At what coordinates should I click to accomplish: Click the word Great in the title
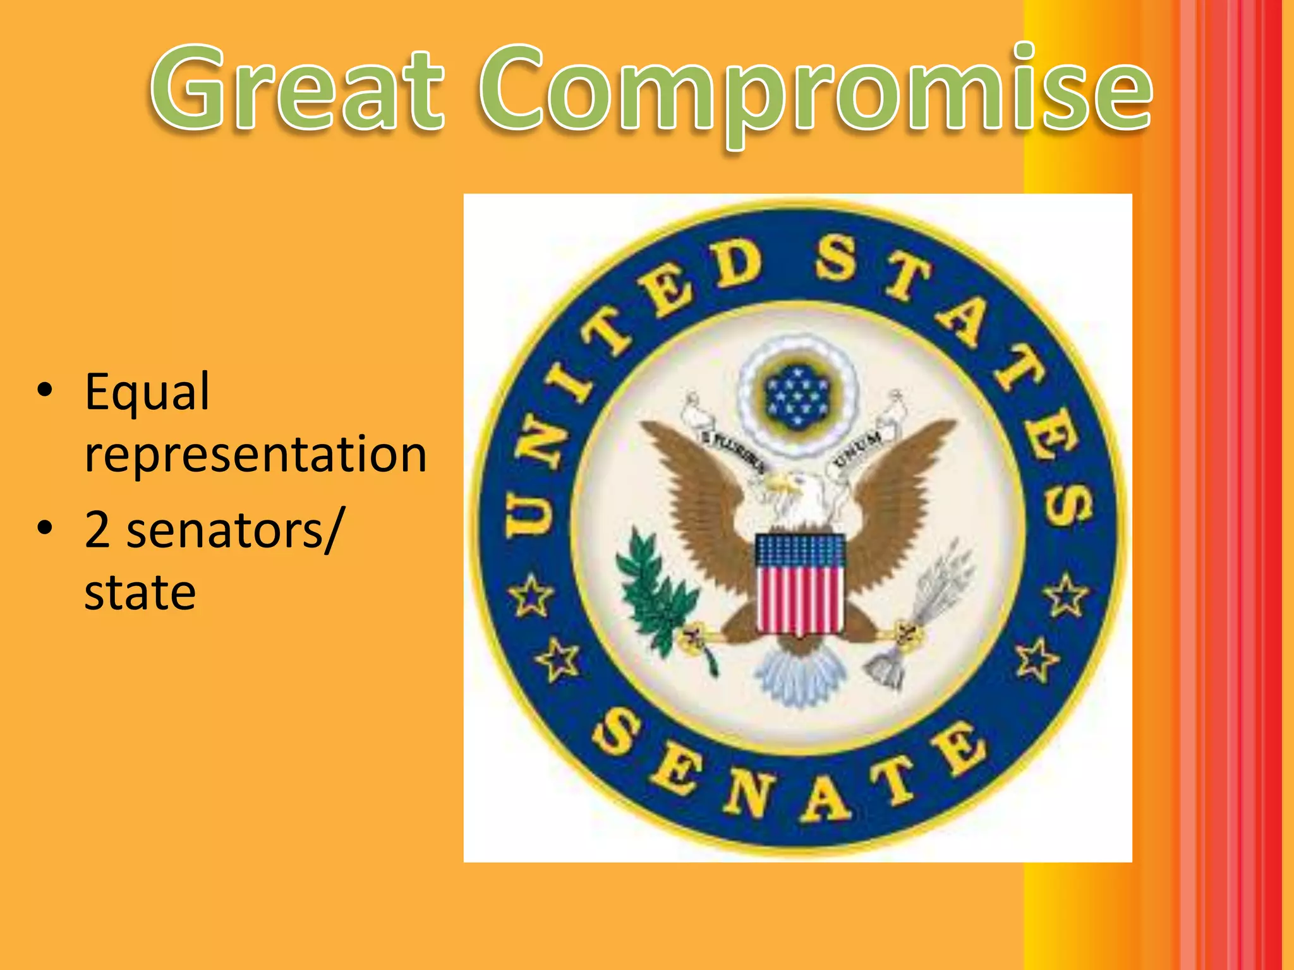(297, 88)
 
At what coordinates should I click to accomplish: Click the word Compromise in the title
(815, 88)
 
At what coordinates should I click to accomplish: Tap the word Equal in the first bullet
(147, 393)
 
